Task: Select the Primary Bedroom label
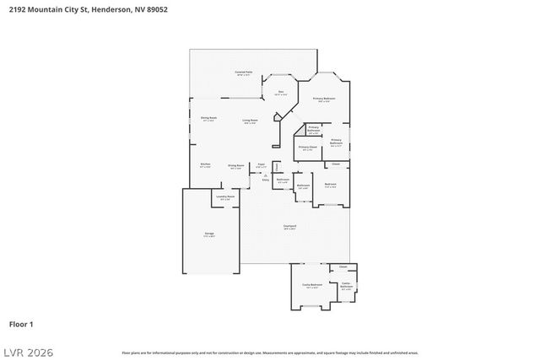click(x=325, y=99)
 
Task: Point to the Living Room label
click(x=251, y=121)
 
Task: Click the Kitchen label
click(x=205, y=165)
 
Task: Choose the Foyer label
click(x=262, y=164)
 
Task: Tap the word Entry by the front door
click(x=264, y=180)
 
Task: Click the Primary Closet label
click(x=307, y=148)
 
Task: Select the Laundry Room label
click(x=225, y=197)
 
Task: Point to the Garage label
click(x=208, y=234)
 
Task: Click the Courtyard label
click(x=289, y=225)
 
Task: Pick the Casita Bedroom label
click(x=312, y=285)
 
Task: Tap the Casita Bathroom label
click(x=346, y=286)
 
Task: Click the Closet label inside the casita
click(x=343, y=267)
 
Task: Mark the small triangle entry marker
click(x=265, y=175)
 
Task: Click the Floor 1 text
click(x=21, y=324)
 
